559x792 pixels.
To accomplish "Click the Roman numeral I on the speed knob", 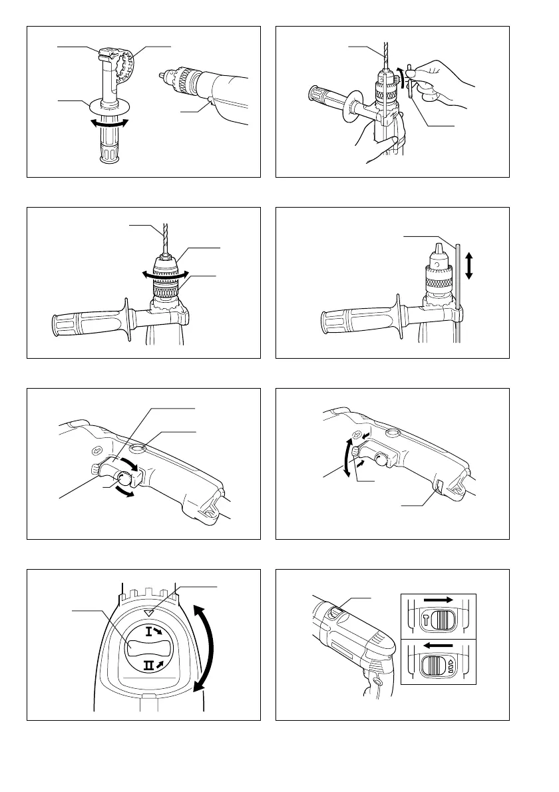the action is click(x=148, y=631).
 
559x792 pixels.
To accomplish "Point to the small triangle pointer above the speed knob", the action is click(x=148, y=613).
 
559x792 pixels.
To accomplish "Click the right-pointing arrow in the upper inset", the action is click(x=438, y=600).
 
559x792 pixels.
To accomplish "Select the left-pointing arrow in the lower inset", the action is click(x=439, y=645).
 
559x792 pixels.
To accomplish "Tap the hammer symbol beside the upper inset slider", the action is click(x=427, y=620).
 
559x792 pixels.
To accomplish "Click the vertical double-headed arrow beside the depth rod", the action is click(x=469, y=266).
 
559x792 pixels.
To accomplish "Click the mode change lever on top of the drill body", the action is click(x=336, y=611).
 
